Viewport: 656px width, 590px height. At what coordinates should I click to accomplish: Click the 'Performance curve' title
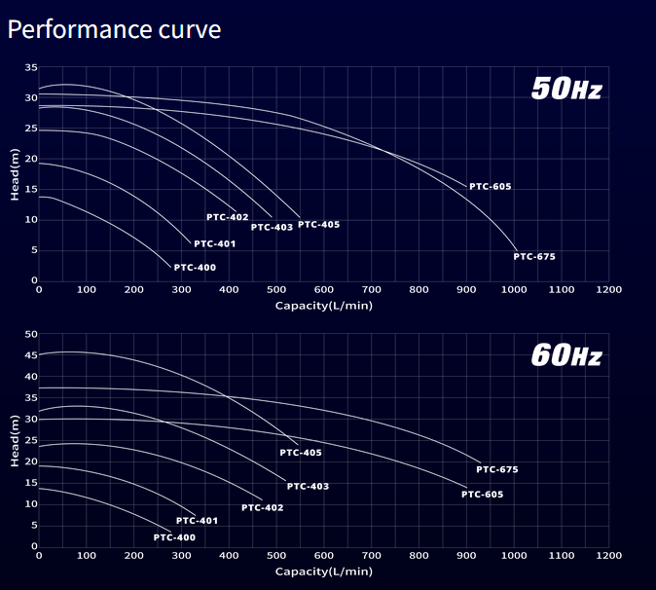[114, 29]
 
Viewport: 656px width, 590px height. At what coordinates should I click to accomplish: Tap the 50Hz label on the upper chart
[566, 90]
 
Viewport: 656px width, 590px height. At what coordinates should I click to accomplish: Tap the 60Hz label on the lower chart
[566, 355]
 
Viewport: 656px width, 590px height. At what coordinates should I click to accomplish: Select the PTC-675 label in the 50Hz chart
[534, 257]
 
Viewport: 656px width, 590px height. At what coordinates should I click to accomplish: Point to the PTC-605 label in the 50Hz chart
[490, 187]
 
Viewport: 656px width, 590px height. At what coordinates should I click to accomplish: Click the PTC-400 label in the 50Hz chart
[195, 268]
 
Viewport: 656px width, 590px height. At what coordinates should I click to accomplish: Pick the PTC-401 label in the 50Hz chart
[215, 244]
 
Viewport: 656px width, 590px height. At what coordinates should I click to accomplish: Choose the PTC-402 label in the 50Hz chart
[228, 217]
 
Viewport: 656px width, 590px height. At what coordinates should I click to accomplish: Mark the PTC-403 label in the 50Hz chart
[272, 228]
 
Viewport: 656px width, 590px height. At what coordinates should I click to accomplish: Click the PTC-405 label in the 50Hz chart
[319, 225]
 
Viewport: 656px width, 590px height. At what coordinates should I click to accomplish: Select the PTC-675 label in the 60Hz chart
[497, 470]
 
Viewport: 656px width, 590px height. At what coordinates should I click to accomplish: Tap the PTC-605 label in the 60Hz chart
[483, 495]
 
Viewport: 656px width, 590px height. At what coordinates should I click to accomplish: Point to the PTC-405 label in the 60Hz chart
[301, 453]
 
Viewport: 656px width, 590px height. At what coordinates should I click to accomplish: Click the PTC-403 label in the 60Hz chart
[308, 486]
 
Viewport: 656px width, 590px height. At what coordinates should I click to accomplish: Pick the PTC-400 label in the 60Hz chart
[174, 537]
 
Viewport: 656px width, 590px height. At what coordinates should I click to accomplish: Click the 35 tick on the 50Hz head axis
[31, 68]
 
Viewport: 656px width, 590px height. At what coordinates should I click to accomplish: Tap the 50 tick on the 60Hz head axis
[31, 335]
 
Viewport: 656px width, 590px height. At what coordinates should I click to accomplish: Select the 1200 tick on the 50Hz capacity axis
[608, 290]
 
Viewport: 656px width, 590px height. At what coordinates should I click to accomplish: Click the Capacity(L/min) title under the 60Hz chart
[323, 572]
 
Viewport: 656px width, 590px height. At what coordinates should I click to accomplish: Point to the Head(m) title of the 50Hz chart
[15, 174]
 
